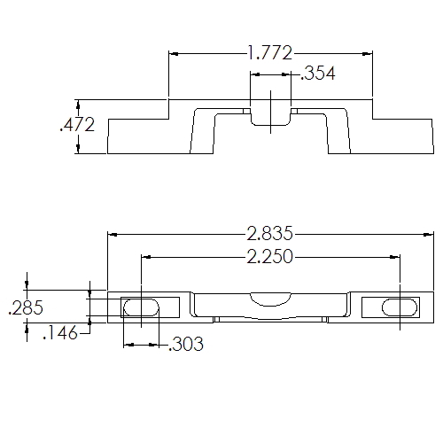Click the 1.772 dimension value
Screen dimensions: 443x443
tap(270, 54)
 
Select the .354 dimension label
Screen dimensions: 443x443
tap(318, 74)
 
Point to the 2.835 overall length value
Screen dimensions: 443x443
tap(270, 235)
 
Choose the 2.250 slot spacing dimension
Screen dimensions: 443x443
tap(270, 257)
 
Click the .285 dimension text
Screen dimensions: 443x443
tap(25, 309)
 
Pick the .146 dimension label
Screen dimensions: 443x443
tap(58, 333)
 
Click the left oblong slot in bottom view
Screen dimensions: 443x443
tap(141, 307)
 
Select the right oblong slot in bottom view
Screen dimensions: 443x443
tap(400, 307)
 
